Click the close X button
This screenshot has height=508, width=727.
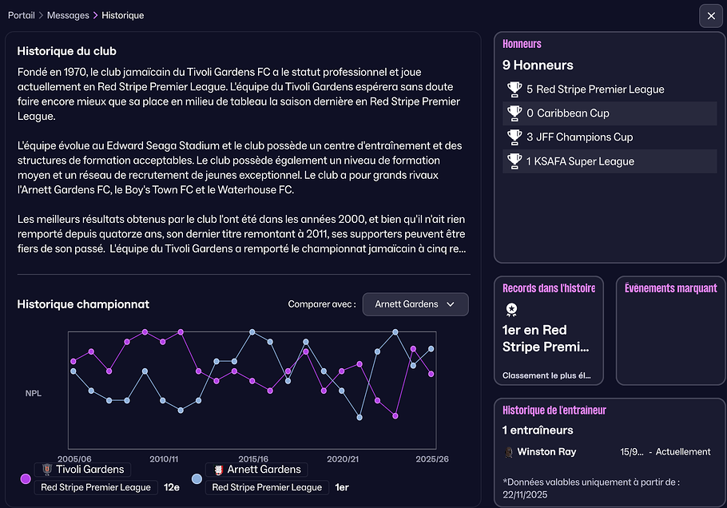click(x=711, y=16)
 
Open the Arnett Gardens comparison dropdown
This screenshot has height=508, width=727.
click(x=415, y=304)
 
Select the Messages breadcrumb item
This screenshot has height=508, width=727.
click(x=68, y=16)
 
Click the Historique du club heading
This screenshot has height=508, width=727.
click(x=66, y=51)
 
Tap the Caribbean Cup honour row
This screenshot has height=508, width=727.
click(x=609, y=113)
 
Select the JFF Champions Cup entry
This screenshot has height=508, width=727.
click(x=609, y=137)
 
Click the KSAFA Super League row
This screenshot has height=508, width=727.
click(x=609, y=161)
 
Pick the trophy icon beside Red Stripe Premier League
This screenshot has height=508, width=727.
click(x=514, y=89)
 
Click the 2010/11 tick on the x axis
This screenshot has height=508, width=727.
click(x=164, y=459)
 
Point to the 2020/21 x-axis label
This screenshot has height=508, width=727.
click(x=343, y=459)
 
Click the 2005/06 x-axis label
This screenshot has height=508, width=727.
click(x=74, y=459)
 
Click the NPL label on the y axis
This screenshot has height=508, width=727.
click(x=34, y=393)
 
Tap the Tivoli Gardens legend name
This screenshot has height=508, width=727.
click(x=90, y=470)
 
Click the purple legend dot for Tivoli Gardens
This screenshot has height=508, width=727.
click(x=26, y=479)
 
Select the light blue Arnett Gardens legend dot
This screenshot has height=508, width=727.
click(x=197, y=479)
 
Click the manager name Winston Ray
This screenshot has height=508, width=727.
click(x=546, y=452)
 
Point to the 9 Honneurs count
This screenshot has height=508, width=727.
click(x=538, y=65)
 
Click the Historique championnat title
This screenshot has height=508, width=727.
click(x=83, y=304)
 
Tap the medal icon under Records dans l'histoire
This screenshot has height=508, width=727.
click(x=511, y=310)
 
